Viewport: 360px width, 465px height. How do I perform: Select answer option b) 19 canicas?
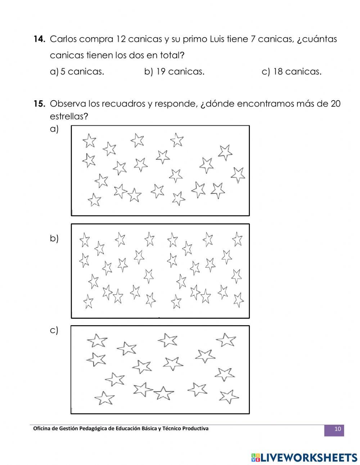coord(174,72)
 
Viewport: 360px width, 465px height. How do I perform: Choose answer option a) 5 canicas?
coord(77,72)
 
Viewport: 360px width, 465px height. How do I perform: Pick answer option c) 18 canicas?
coord(292,72)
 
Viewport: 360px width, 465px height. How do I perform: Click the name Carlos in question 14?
coord(63,39)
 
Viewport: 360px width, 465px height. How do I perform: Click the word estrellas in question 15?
coord(69,117)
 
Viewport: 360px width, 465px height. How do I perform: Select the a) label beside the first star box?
coord(54,129)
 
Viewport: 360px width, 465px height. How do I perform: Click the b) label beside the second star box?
coord(54,238)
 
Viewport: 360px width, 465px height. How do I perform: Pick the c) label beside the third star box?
coord(54,330)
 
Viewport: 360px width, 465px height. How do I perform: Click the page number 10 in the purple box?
coord(337,429)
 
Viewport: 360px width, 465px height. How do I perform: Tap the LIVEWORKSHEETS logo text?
coord(309,457)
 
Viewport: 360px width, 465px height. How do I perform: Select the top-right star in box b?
coord(237,239)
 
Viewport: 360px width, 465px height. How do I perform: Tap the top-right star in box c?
coord(226,340)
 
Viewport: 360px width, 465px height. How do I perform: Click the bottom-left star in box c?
coord(104,398)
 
